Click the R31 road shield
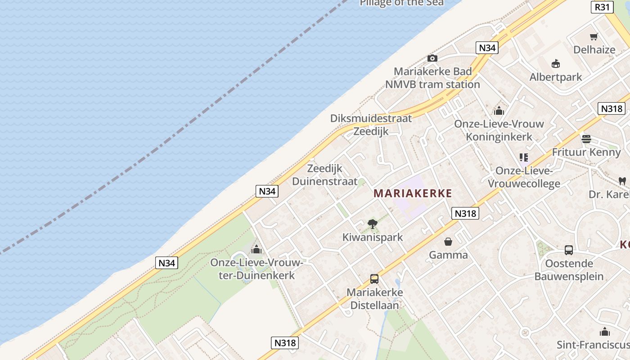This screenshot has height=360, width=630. (x=602, y=7)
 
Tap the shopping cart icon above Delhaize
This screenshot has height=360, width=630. (x=594, y=36)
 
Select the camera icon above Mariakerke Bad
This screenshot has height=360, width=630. (x=432, y=58)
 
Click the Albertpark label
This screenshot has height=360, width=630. (x=556, y=77)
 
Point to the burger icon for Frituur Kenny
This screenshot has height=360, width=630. (x=586, y=139)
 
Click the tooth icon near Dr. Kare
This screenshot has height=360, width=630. (x=622, y=181)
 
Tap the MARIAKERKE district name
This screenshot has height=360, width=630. (x=413, y=193)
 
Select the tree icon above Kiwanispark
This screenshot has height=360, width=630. (x=372, y=224)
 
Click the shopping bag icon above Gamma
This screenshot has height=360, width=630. (x=448, y=242)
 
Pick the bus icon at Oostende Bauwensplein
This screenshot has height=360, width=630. (x=569, y=250)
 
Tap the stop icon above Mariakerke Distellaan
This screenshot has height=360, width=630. (x=374, y=279)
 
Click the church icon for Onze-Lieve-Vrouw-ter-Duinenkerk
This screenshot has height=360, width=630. (x=256, y=249)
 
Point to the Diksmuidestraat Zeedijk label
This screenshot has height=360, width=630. (x=371, y=125)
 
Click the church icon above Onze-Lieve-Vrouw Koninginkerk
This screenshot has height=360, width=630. (x=499, y=111)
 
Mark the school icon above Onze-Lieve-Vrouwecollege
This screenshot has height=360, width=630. (x=523, y=157)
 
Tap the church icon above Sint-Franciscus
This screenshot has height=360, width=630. (x=605, y=332)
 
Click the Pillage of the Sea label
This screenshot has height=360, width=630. (x=401, y=3)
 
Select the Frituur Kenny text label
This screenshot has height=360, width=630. (x=586, y=152)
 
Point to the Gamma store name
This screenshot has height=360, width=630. (x=448, y=255)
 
